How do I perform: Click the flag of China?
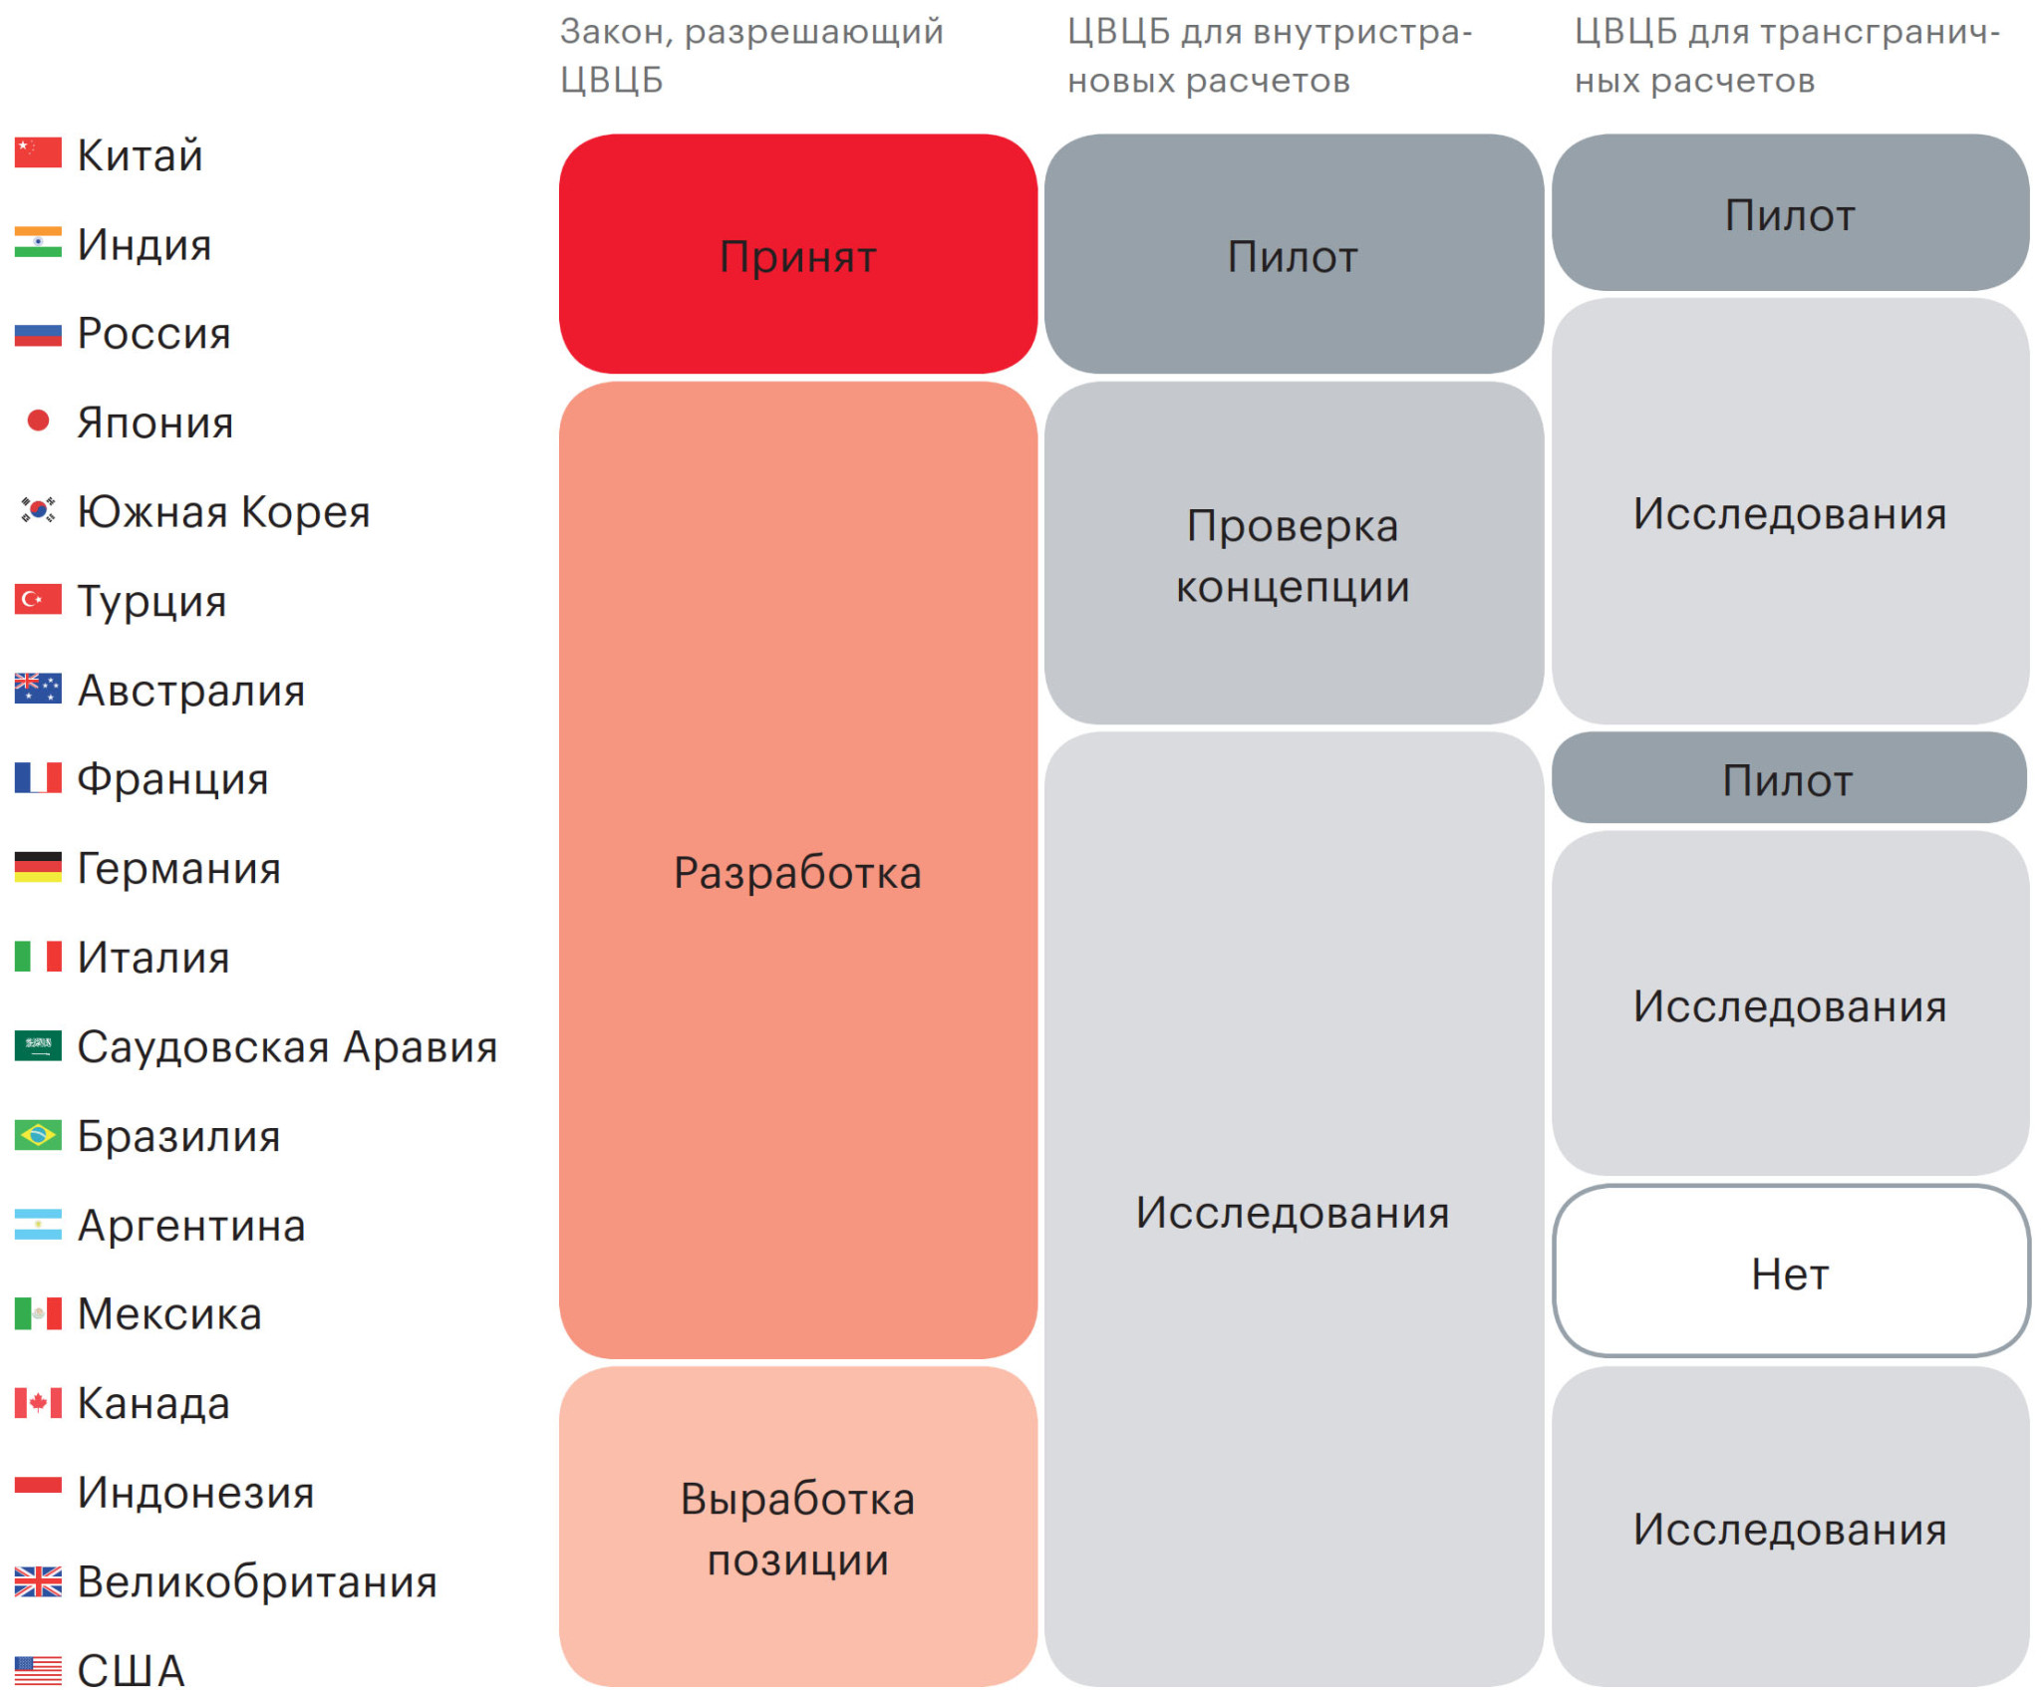[x=38, y=152]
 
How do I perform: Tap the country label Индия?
[x=145, y=244]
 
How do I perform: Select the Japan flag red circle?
[x=38, y=421]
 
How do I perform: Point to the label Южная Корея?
[x=223, y=511]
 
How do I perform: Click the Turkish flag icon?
[x=38, y=599]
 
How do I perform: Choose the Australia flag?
[x=38, y=689]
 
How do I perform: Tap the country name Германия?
[x=179, y=868]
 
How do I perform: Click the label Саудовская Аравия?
[x=287, y=1046]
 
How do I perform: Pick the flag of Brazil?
[x=38, y=1134]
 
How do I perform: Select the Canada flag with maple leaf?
[x=38, y=1402]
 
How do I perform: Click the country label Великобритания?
[x=257, y=1581]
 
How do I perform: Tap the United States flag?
[x=38, y=1670]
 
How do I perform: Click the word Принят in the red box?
[x=797, y=257]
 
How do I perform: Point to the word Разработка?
[x=797, y=873]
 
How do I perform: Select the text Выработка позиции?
[x=797, y=1529]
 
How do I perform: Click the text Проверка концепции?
[x=1293, y=556]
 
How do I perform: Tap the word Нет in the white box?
[x=1790, y=1274]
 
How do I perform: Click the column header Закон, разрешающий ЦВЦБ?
[x=751, y=56]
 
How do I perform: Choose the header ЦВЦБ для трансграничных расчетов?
[x=1787, y=56]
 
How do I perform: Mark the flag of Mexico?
[x=38, y=1313]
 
